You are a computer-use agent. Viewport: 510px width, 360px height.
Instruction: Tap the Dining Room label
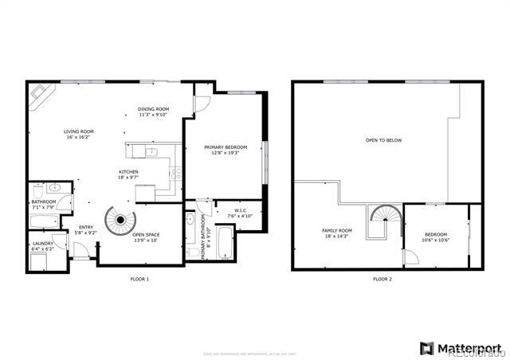[154, 109]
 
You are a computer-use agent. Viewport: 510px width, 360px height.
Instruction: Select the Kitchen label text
[129, 172]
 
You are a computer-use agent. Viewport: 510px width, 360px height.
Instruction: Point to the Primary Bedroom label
[226, 147]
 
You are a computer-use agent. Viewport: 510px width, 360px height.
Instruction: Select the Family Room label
[337, 231]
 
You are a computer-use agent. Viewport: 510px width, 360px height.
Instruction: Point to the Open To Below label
[383, 140]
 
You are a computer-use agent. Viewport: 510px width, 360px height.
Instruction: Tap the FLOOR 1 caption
[139, 280]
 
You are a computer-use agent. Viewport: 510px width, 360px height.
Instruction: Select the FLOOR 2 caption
[382, 280]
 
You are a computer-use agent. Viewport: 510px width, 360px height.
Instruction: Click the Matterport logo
[461, 348]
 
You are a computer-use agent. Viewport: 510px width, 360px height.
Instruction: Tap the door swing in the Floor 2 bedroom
[410, 256]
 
